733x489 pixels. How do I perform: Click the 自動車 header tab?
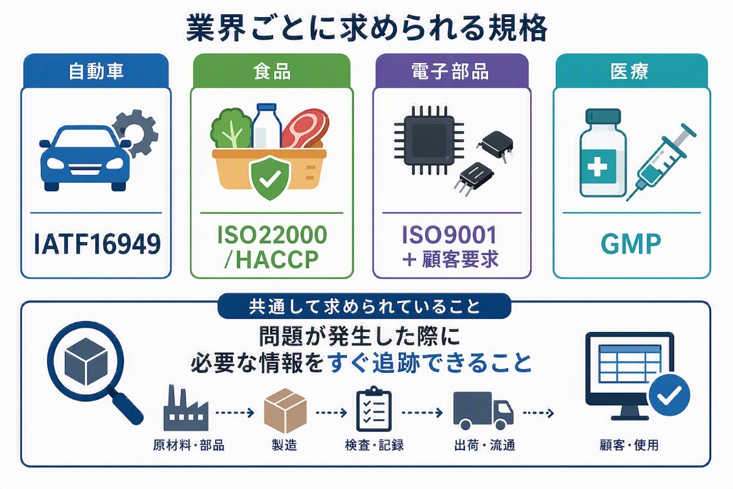tap(96, 71)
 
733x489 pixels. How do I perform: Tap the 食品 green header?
tap(272, 71)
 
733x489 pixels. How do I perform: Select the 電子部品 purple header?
tap(451, 71)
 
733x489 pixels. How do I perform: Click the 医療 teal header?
tap(632, 71)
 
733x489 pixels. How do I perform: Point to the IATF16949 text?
tap(97, 244)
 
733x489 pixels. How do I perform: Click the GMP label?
tap(631, 244)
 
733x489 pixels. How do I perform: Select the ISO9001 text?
tap(450, 235)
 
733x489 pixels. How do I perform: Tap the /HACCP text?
tap(271, 260)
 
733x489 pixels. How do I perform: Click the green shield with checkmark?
tap(269, 177)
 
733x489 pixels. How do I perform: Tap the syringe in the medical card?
tap(661, 162)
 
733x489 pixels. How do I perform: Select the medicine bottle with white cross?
tap(603, 153)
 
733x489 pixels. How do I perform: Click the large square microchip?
tap(429, 140)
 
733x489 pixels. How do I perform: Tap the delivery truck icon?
tap(483, 411)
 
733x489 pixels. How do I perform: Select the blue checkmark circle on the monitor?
tap(669, 395)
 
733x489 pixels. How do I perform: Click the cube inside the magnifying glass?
tap(86, 362)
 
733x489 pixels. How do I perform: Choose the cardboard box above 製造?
tap(285, 411)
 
